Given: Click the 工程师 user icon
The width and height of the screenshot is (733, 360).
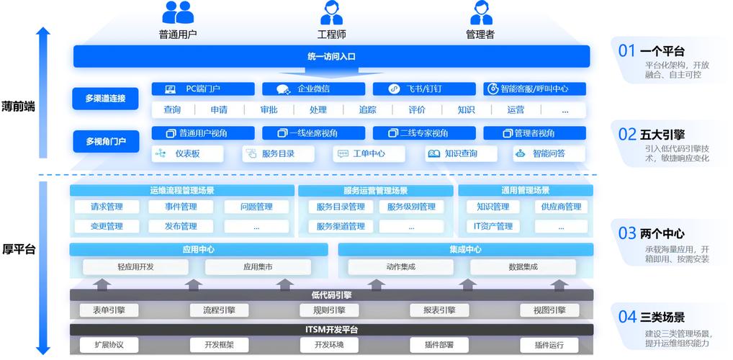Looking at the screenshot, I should pyautogui.click(x=331, y=13).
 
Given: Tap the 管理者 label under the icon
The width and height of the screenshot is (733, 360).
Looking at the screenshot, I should pyautogui.click(x=480, y=35).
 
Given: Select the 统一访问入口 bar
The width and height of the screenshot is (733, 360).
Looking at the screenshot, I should pyautogui.click(x=331, y=56).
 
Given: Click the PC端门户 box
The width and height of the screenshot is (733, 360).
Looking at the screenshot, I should pyautogui.click(x=203, y=89).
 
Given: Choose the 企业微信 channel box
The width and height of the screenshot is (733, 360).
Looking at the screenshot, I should pyautogui.click(x=313, y=89).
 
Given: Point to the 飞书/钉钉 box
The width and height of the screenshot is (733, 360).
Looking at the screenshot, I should pyautogui.click(x=424, y=89).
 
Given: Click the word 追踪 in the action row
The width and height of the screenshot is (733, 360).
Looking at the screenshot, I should pyautogui.click(x=367, y=110).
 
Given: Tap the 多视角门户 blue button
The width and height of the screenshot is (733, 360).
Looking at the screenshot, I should pyautogui.click(x=105, y=141).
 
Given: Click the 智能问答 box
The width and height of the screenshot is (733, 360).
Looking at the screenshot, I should pyautogui.click(x=549, y=154).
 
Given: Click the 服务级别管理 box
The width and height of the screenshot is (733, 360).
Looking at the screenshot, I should pyautogui.click(x=411, y=207).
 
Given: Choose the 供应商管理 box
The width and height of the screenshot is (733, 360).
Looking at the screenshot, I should pyautogui.click(x=561, y=207).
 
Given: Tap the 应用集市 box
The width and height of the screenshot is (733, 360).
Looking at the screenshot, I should pyautogui.click(x=257, y=267).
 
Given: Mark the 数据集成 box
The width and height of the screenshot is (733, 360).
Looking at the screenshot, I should pyautogui.click(x=523, y=267).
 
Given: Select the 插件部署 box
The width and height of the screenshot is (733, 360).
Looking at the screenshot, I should pyautogui.click(x=439, y=345).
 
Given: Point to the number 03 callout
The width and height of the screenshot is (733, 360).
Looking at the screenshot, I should pyautogui.click(x=627, y=233).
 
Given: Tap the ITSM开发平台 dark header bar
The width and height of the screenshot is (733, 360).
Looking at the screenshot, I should pyautogui.click(x=331, y=330).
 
